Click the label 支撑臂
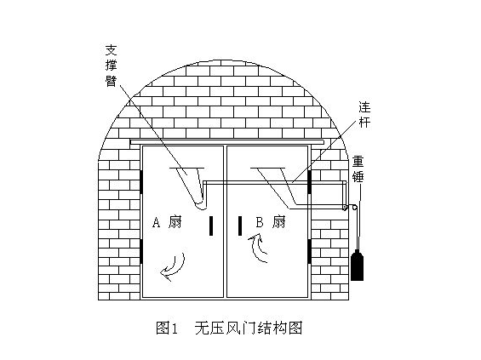point(111,66)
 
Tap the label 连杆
point(364,115)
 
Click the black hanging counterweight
point(357,266)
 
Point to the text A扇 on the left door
point(167,222)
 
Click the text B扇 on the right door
point(271,222)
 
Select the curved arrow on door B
point(257,248)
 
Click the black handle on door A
point(211,226)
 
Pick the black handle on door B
point(240,226)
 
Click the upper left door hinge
point(141,181)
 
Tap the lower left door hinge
point(141,251)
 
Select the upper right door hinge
point(310,181)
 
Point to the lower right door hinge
point(310,251)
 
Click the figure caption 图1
point(167,329)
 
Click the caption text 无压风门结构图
point(249,329)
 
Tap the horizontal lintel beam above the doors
point(227,142)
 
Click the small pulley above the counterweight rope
point(354,208)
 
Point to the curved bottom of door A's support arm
point(200,205)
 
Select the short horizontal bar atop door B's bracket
point(268,168)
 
